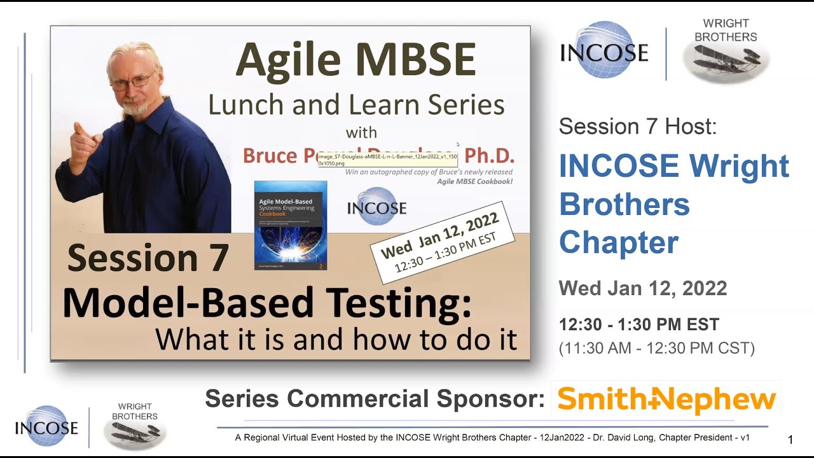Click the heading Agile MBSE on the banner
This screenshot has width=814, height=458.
[x=355, y=61]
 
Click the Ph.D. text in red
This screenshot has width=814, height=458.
[x=489, y=156]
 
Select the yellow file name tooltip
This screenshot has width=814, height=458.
[x=387, y=159]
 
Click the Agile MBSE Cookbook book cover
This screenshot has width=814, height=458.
[x=291, y=225]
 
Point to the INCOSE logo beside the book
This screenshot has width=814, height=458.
[x=376, y=207]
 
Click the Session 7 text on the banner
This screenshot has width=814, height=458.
[x=148, y=258]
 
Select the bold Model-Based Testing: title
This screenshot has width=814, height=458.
[x=267, y=303]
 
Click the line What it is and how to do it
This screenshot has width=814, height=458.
[x=336, y=340]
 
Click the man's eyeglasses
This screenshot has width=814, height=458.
[x=132, y=82]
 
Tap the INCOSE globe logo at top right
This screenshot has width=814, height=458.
[x=604, y=51]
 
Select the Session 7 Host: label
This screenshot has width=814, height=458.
[x=637, y=127]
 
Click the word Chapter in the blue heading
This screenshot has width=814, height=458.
[x=618, y=243]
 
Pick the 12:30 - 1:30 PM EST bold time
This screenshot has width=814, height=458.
[x=638, y=324]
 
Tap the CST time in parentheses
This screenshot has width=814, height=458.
[x=656, y=349]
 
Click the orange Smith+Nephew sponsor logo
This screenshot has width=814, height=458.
[x=666, y=399]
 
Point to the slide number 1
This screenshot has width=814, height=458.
[x=790, y=440]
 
